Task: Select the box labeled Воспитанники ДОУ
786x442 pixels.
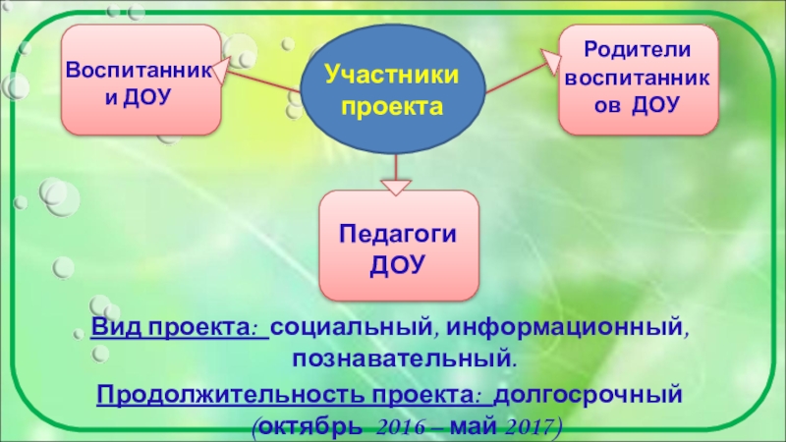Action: tap(140, 82)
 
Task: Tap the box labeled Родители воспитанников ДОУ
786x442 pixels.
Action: tap(638, 80)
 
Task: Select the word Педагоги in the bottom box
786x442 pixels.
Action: tap(398, 234)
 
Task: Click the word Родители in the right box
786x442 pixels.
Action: tap(638, 49)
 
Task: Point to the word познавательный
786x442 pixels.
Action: tap(405, 352)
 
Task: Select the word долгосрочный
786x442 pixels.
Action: tap(587, 396)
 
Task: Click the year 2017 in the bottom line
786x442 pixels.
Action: tap(525, 427)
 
